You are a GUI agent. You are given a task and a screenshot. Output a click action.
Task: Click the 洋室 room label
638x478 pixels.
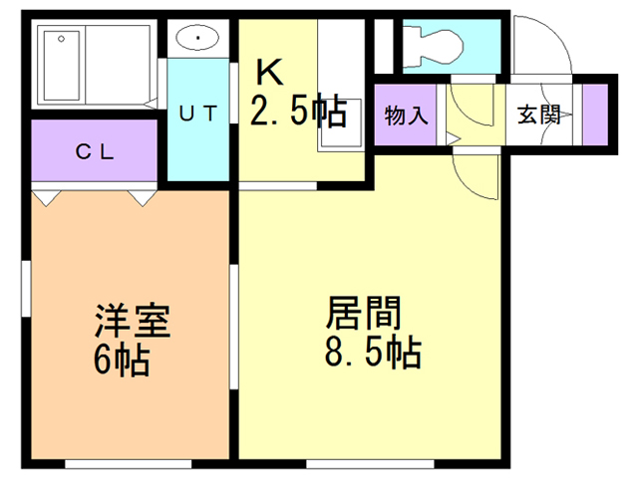(x=133, y=321)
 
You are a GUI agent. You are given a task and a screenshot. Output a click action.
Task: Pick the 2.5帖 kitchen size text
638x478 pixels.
(x=298, y=111)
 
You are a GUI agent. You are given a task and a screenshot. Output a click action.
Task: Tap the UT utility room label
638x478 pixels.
(x=197, y=114)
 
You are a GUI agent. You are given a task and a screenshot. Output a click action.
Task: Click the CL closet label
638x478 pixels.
(x=96, y=152)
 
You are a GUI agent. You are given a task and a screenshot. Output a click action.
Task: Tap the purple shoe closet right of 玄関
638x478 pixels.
(x=595, y=113)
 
